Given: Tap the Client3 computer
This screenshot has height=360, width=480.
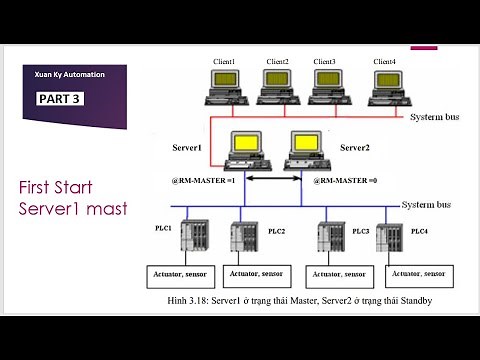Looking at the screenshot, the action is [x=326, y=87].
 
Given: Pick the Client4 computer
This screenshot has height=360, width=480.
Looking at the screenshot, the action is [x=385, y=87].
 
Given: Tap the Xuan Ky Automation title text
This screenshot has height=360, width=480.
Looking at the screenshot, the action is [x=70, y=75].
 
